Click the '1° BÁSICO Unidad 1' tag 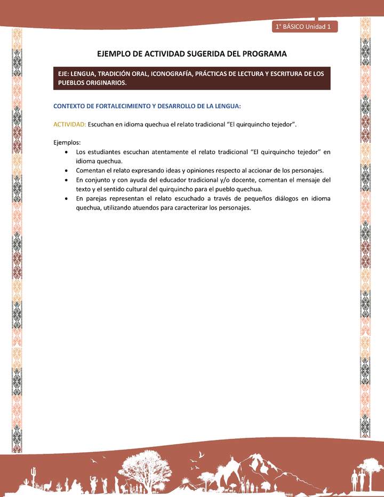[x=304, y=26]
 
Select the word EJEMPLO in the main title [x=116, y=54]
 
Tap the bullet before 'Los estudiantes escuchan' [x=65, y=152]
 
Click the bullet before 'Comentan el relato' [x=65, y=171]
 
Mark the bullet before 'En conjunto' [x=65, y=180]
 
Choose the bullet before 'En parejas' [x=65, y=199]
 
